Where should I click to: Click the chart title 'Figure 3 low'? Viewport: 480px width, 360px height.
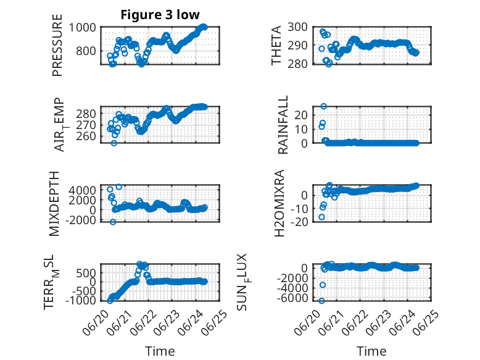160,15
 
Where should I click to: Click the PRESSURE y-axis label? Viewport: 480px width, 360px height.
57,45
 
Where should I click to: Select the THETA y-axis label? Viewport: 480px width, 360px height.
276,45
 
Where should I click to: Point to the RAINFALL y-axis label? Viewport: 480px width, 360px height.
283,124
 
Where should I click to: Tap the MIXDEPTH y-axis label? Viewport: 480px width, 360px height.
54,204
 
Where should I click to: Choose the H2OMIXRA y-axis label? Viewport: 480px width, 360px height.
279,203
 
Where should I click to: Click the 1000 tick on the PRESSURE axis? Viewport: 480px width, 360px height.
82,28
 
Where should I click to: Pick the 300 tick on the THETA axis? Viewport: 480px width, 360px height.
297,27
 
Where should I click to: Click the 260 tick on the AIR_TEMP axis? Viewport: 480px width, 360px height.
86,136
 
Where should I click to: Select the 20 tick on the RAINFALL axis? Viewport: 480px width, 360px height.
300,115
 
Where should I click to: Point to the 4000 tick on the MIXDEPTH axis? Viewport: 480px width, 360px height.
82,190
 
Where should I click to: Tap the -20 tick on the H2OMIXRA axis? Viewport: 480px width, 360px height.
299,222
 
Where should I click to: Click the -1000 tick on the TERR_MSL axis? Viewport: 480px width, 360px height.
80,301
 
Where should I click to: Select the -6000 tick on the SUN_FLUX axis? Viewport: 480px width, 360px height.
292,298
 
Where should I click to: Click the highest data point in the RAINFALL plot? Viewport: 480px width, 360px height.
323,106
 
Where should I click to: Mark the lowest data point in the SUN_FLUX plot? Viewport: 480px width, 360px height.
321,301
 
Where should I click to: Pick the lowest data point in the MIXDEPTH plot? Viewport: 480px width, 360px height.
113,222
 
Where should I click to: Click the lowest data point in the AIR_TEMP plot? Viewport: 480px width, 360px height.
114,143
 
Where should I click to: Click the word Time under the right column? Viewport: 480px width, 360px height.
371,351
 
